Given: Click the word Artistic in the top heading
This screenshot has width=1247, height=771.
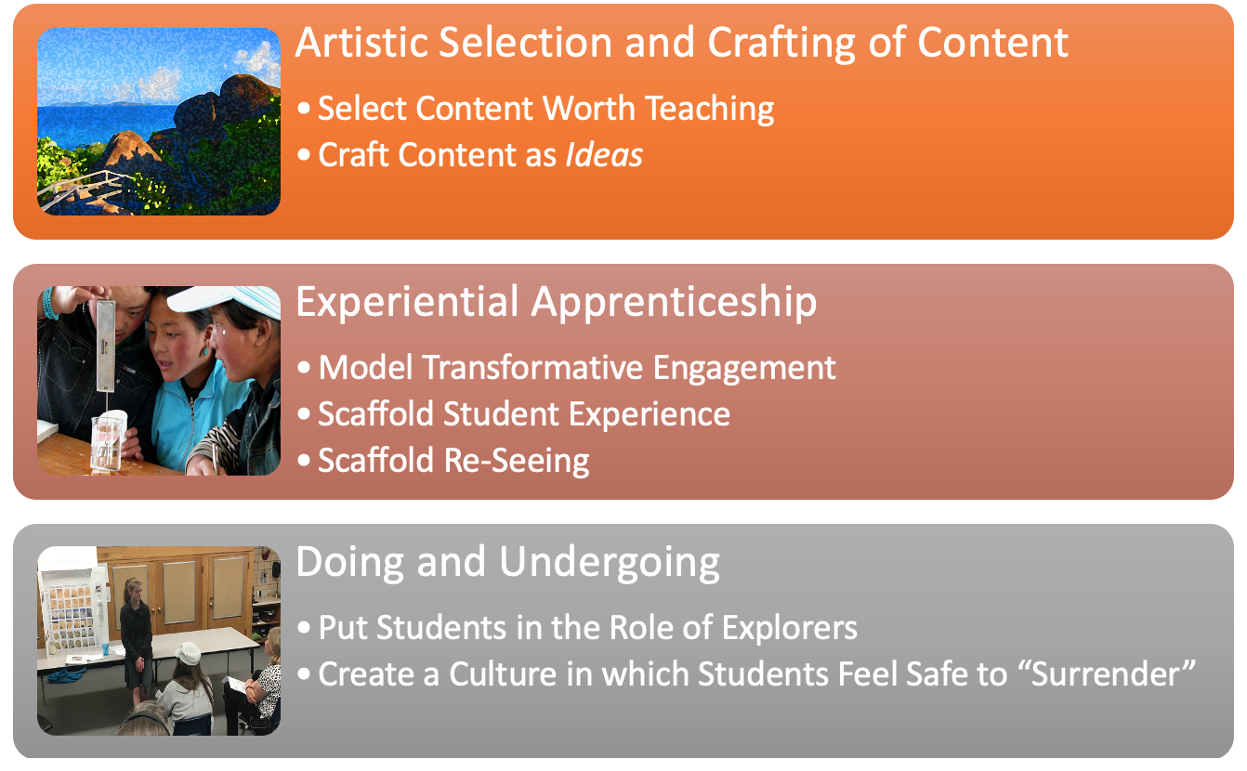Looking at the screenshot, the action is pyautogui.click(x=361, y=43).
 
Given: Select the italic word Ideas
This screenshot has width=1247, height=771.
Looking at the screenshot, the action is pyautogui.click(x=604, y=155).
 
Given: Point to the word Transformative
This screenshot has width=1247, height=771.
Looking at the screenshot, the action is pyautogui.click(x=533, y=368).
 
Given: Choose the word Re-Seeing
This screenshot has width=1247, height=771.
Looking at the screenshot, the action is pyautogui.click(x=517, y=462).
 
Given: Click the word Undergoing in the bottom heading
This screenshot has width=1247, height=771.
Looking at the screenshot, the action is pyautogui.click(x=609, y=563).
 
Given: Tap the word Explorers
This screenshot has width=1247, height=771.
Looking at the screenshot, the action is pyautogui.click(x=790, y=629).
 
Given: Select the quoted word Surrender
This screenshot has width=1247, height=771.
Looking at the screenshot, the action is pyautogui.click(x=1105, y=674).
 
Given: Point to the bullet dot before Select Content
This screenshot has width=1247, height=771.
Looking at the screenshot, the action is pyautogui.click(x=304, y=108).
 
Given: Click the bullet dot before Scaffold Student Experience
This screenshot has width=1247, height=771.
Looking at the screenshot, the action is pyautogui.click(x=304, y=413).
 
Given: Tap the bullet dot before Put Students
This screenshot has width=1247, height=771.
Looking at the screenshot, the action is pyautogui.click(x=304, y=628).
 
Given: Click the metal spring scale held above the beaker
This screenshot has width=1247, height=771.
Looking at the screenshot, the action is pyautogui.click(x=106, y=346).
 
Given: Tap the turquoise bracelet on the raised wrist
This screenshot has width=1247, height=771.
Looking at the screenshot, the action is pyautogui.click(x=49, y=304).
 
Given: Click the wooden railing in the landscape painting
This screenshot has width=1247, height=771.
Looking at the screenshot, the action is pyautogui.click(x=84, y=189).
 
